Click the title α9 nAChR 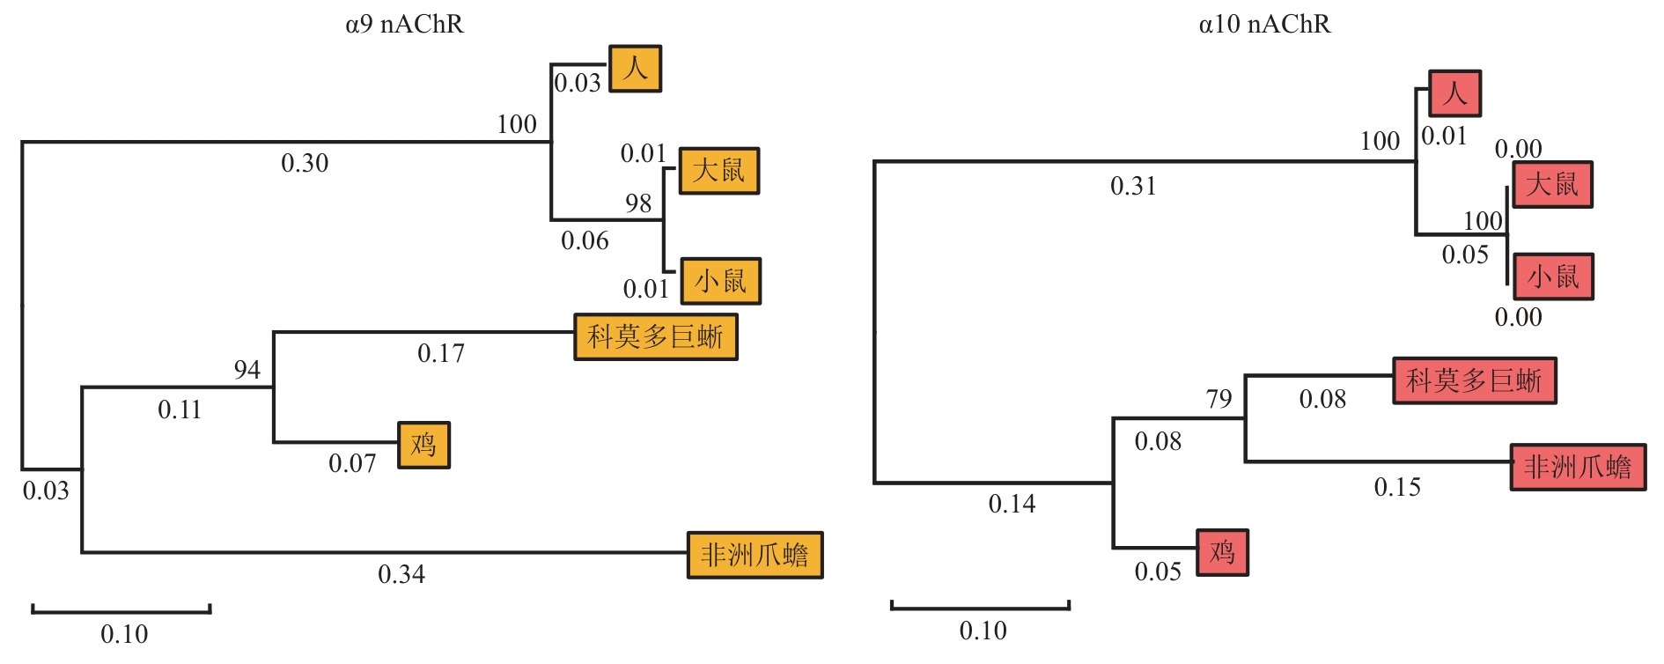(404, 24)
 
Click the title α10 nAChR (1264, 24)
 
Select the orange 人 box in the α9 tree (636, 69)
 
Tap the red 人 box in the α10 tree (1454, 93)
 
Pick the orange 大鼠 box (718, 171)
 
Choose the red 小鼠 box (1553, 277)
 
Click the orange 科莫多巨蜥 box (656, 337)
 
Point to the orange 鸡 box (423, 445)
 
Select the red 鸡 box (1222, 552)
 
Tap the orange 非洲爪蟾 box (755, 555)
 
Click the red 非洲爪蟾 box (1578, 467)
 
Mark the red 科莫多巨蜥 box (1475, 380)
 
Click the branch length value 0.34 (401, 574)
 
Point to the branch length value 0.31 (1133, 186)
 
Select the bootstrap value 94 (247, 370)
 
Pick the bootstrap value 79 (1219, 399)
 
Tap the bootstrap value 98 (638, 203)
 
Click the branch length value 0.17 (441, 353)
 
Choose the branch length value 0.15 (1397, 487)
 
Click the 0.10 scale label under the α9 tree (124, 634)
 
